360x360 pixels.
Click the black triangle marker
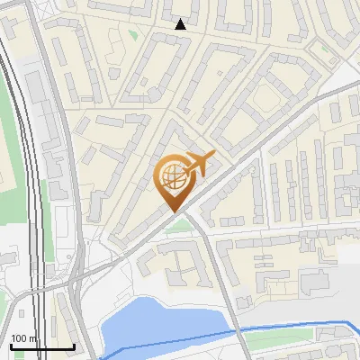(181, 23)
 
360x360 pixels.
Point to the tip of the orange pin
(174, 210)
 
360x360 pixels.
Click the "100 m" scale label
(23, 338)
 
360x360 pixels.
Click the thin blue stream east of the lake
(297, 325)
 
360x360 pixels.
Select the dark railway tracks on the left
(34, 180)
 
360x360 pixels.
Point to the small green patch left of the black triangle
(133, 35)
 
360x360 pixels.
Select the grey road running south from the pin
(211, 270)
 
